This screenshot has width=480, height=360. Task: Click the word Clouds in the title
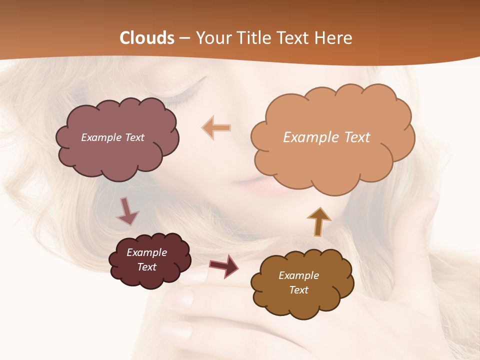(147, 38)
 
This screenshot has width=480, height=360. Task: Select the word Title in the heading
(251, 38)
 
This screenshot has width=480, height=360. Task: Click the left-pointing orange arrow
(216, 127)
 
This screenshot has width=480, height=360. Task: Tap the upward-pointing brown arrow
(318, 220)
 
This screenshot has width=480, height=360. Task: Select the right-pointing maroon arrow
(223, 266)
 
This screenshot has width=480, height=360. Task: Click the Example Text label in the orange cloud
(326, 137)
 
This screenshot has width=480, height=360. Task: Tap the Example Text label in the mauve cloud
(112, 137)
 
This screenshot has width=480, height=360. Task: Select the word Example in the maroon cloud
(146, 252)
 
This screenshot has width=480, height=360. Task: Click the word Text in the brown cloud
(298, 290)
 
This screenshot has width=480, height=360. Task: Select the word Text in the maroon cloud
(146, 267)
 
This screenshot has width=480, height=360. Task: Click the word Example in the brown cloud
(298, 275)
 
